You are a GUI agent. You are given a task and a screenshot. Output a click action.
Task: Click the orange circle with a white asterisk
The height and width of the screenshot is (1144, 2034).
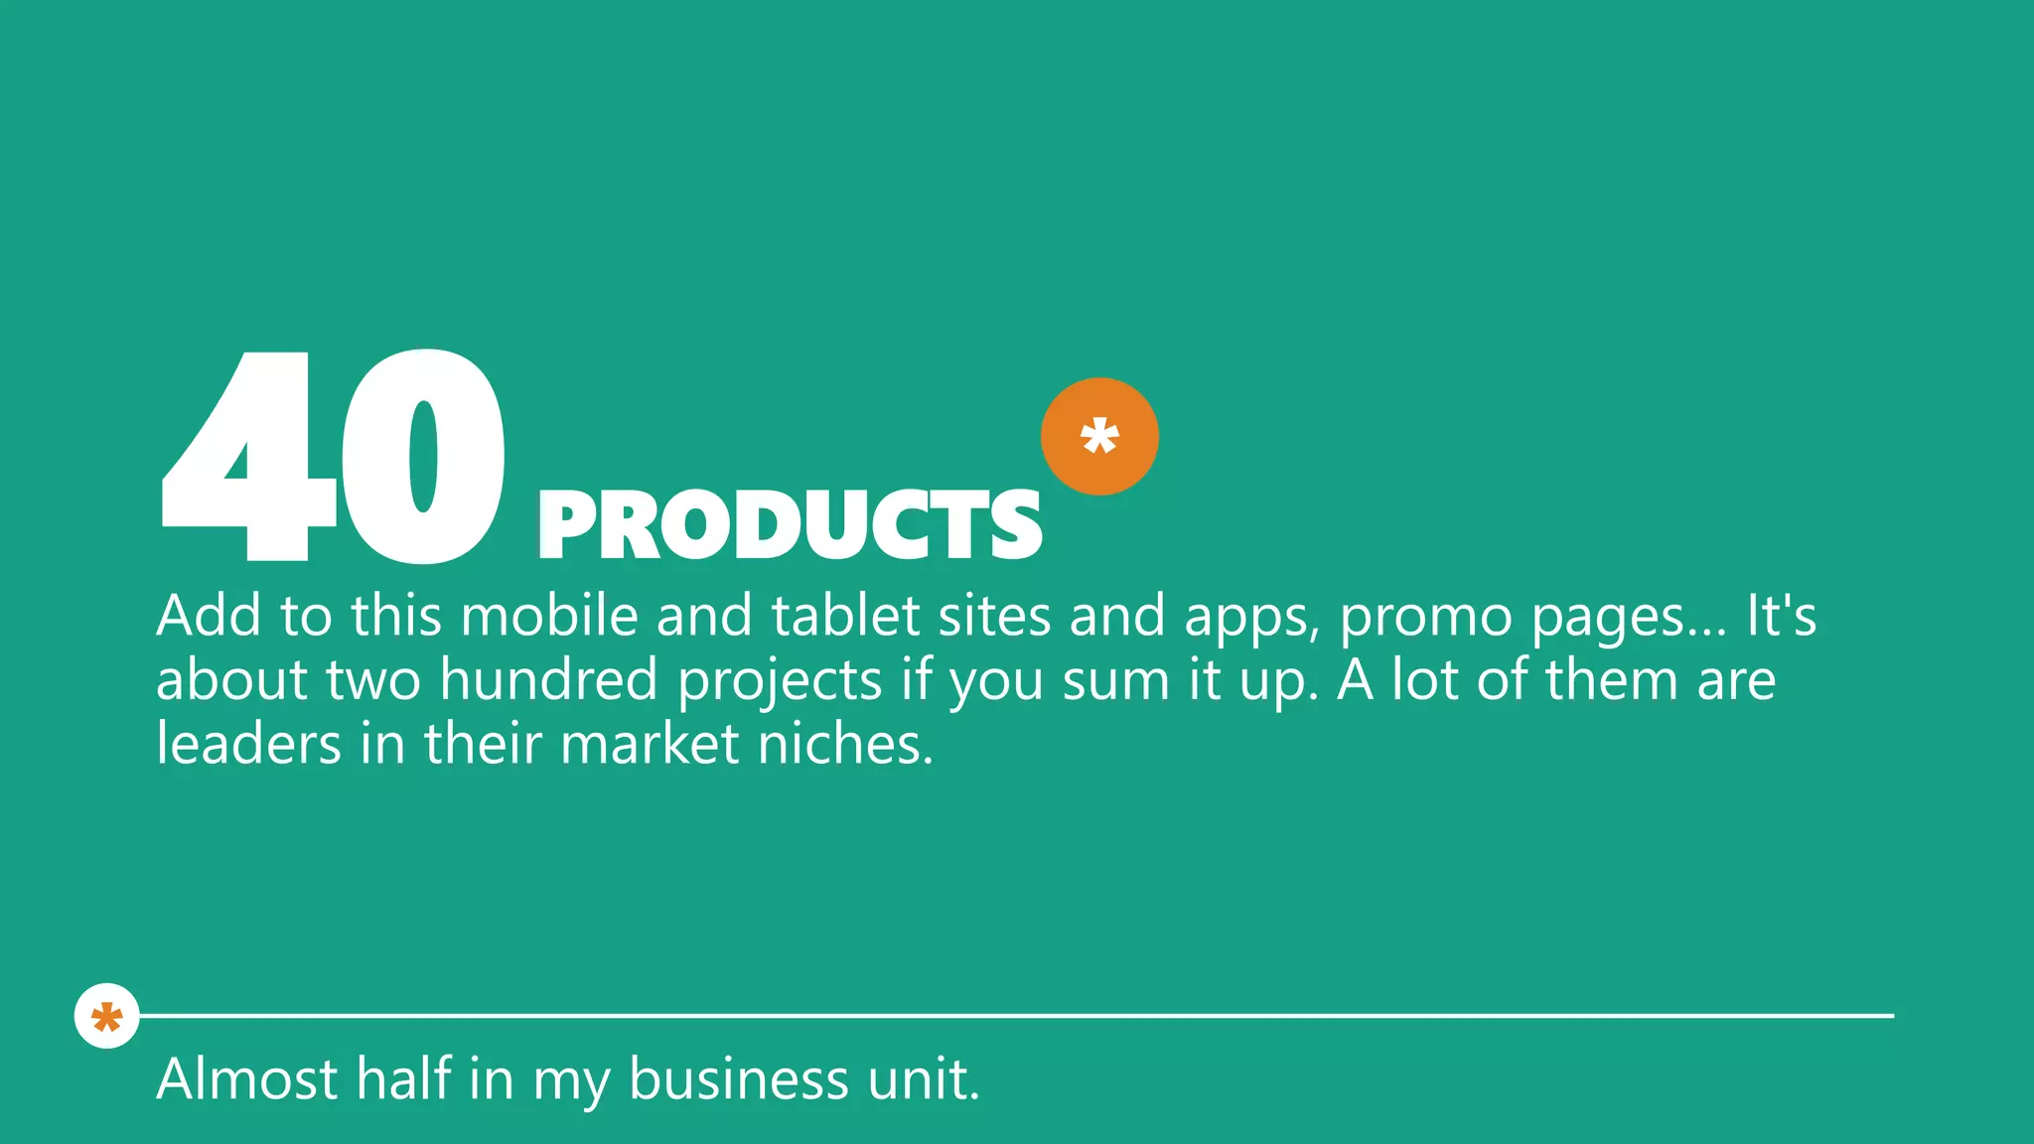coord(1099,436)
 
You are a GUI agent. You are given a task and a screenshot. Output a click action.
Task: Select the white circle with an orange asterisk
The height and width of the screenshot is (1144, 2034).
coord(106,1016)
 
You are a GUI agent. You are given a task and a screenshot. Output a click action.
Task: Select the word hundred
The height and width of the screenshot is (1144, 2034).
coord(548,680)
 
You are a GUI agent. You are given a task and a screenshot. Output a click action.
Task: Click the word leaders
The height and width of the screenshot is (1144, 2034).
coord(248,744)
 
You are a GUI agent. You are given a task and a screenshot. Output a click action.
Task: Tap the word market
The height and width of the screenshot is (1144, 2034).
coord(650,744)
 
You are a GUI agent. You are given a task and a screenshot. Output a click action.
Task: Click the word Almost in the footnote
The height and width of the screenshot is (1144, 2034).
coord(246,1079)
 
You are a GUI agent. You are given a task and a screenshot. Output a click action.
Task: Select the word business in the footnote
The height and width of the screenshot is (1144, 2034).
coord(739,1079)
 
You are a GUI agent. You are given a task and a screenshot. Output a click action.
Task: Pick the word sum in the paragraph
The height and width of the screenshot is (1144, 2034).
coord(1115,682)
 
